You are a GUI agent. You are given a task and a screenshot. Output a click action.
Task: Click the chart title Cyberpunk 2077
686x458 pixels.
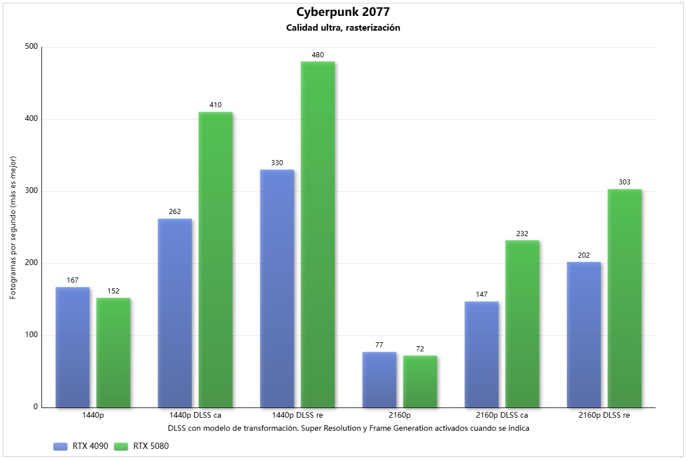click(343, 12)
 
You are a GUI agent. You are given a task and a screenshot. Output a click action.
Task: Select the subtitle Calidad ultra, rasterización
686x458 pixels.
click(343, 27)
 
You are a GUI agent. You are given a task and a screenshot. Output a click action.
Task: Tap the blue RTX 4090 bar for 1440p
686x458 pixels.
click(73, 347)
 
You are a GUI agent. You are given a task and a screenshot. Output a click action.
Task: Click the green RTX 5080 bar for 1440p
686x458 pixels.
click(113, 352)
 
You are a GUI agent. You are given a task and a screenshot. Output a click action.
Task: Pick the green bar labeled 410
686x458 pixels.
click(216, 259)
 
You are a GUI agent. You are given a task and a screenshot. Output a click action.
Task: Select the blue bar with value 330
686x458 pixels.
click(277, 288)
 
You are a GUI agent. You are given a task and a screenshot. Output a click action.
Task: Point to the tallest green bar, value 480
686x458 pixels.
click(318, 234)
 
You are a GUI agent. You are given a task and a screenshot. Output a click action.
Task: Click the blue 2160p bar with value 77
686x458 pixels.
click(379, 380)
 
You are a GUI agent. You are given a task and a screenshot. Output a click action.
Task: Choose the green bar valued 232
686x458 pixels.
click(523, 323)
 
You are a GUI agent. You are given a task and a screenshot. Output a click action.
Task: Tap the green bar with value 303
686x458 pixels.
click(625, 298)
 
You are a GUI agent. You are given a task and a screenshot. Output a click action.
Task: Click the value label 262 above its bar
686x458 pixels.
click(175, 212)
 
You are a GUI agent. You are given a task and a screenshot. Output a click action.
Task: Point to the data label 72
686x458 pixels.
click(420, 349)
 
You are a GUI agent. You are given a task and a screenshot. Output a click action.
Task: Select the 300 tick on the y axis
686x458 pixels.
click(31, 191)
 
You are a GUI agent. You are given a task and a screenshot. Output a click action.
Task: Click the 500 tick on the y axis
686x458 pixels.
click(31, 47)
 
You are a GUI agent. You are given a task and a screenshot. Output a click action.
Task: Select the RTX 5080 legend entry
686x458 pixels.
click(141, 446)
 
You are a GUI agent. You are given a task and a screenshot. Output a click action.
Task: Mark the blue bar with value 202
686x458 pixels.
click(584, 334)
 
